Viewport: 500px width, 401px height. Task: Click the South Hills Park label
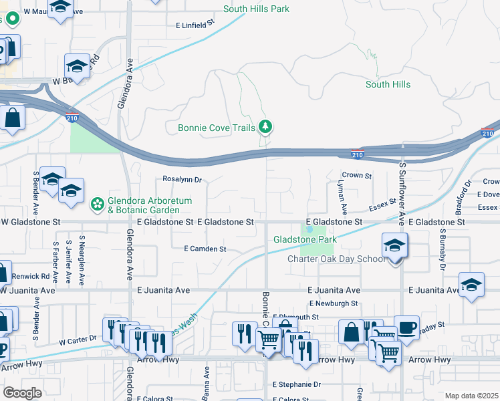[x=257, y=9]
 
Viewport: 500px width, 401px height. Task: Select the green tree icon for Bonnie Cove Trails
[x=266, y=126]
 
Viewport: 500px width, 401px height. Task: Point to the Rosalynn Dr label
[x=182, y=179]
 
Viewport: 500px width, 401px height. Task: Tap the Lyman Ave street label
[x=340, y=182]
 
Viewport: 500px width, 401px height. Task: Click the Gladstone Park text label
[x=304, y=239]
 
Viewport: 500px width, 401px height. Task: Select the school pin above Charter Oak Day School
[x=394, y=247]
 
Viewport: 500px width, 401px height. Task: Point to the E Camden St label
[x=205, y=249]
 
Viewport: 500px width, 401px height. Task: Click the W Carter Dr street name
[x=78, y=340]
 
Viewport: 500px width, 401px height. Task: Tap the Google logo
[x=22, y=392]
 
